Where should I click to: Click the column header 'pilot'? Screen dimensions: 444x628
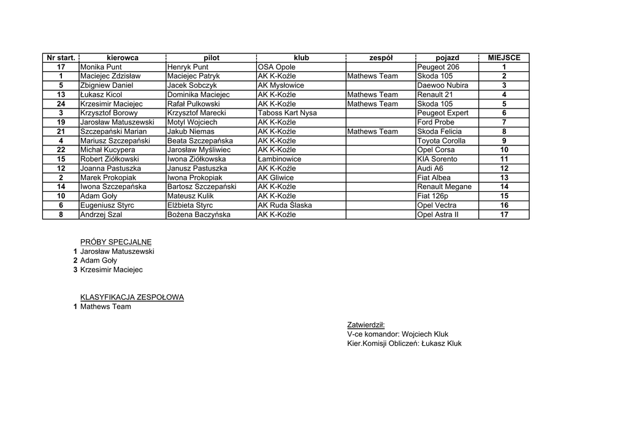tap(210, 58)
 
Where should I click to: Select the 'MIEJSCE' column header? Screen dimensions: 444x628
tap(504, 58)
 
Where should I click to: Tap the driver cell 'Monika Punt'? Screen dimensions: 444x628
tap(101, 67)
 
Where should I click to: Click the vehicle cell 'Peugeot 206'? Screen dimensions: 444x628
tap(438, 67)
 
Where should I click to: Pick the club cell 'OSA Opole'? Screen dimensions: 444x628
tap(277, 67)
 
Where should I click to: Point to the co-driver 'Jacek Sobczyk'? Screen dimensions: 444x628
tap(191, 85)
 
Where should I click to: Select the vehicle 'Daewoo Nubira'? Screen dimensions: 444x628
tap(442, 85)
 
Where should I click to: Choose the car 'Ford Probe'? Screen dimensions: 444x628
tap(435, 122)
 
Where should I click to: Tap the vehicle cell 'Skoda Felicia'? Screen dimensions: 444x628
tap(439, 131)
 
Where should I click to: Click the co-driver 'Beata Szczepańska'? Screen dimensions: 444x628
tap(200, 140)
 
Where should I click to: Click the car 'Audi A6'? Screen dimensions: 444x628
tap(430, 168)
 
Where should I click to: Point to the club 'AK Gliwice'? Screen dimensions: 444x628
tap(275, 177)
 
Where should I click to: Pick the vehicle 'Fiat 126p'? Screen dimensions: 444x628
tap(432, 196)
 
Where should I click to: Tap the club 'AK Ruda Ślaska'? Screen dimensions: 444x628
tap(285, 205)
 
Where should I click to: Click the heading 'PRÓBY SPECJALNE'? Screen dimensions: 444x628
tap(116, 242)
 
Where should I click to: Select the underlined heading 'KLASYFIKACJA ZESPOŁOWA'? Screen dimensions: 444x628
tap(132, 297)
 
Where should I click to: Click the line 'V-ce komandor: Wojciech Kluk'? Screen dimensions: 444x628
tap(397, 334)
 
